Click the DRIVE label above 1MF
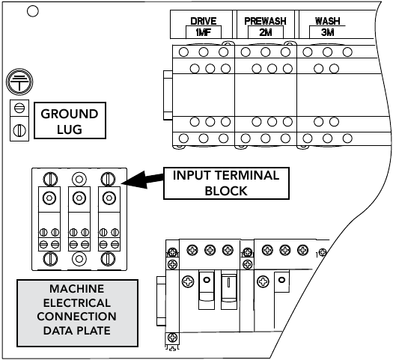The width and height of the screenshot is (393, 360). click(204, 21)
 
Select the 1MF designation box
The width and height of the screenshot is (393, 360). click(204, 32)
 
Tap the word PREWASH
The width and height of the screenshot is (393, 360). click(265, 21)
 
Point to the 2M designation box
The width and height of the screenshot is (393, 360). click(266, 32)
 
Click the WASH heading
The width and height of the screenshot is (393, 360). click(327, 21)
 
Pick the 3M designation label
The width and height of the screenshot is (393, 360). click(327, 32)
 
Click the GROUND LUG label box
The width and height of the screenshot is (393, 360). click(70, 120)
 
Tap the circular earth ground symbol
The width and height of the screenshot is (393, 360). click(19, 82)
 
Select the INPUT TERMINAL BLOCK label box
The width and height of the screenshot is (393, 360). click(226, 183)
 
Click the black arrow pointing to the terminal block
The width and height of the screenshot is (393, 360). click(142, 180)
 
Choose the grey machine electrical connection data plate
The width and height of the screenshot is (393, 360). click(77, 313)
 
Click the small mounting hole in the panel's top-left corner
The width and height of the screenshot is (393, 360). click(33, 11)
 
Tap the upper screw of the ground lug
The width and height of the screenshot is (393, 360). click(19, 109)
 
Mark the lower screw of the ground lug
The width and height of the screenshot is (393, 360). click(19, 130)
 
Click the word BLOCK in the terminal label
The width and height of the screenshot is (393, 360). click(226, 191)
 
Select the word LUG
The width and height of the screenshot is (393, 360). click(70, 129)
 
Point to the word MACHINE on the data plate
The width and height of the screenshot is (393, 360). click(76, 289)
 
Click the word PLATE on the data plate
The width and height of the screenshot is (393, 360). click(94, 331)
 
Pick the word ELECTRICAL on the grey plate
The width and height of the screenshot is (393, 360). click(77, 303)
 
